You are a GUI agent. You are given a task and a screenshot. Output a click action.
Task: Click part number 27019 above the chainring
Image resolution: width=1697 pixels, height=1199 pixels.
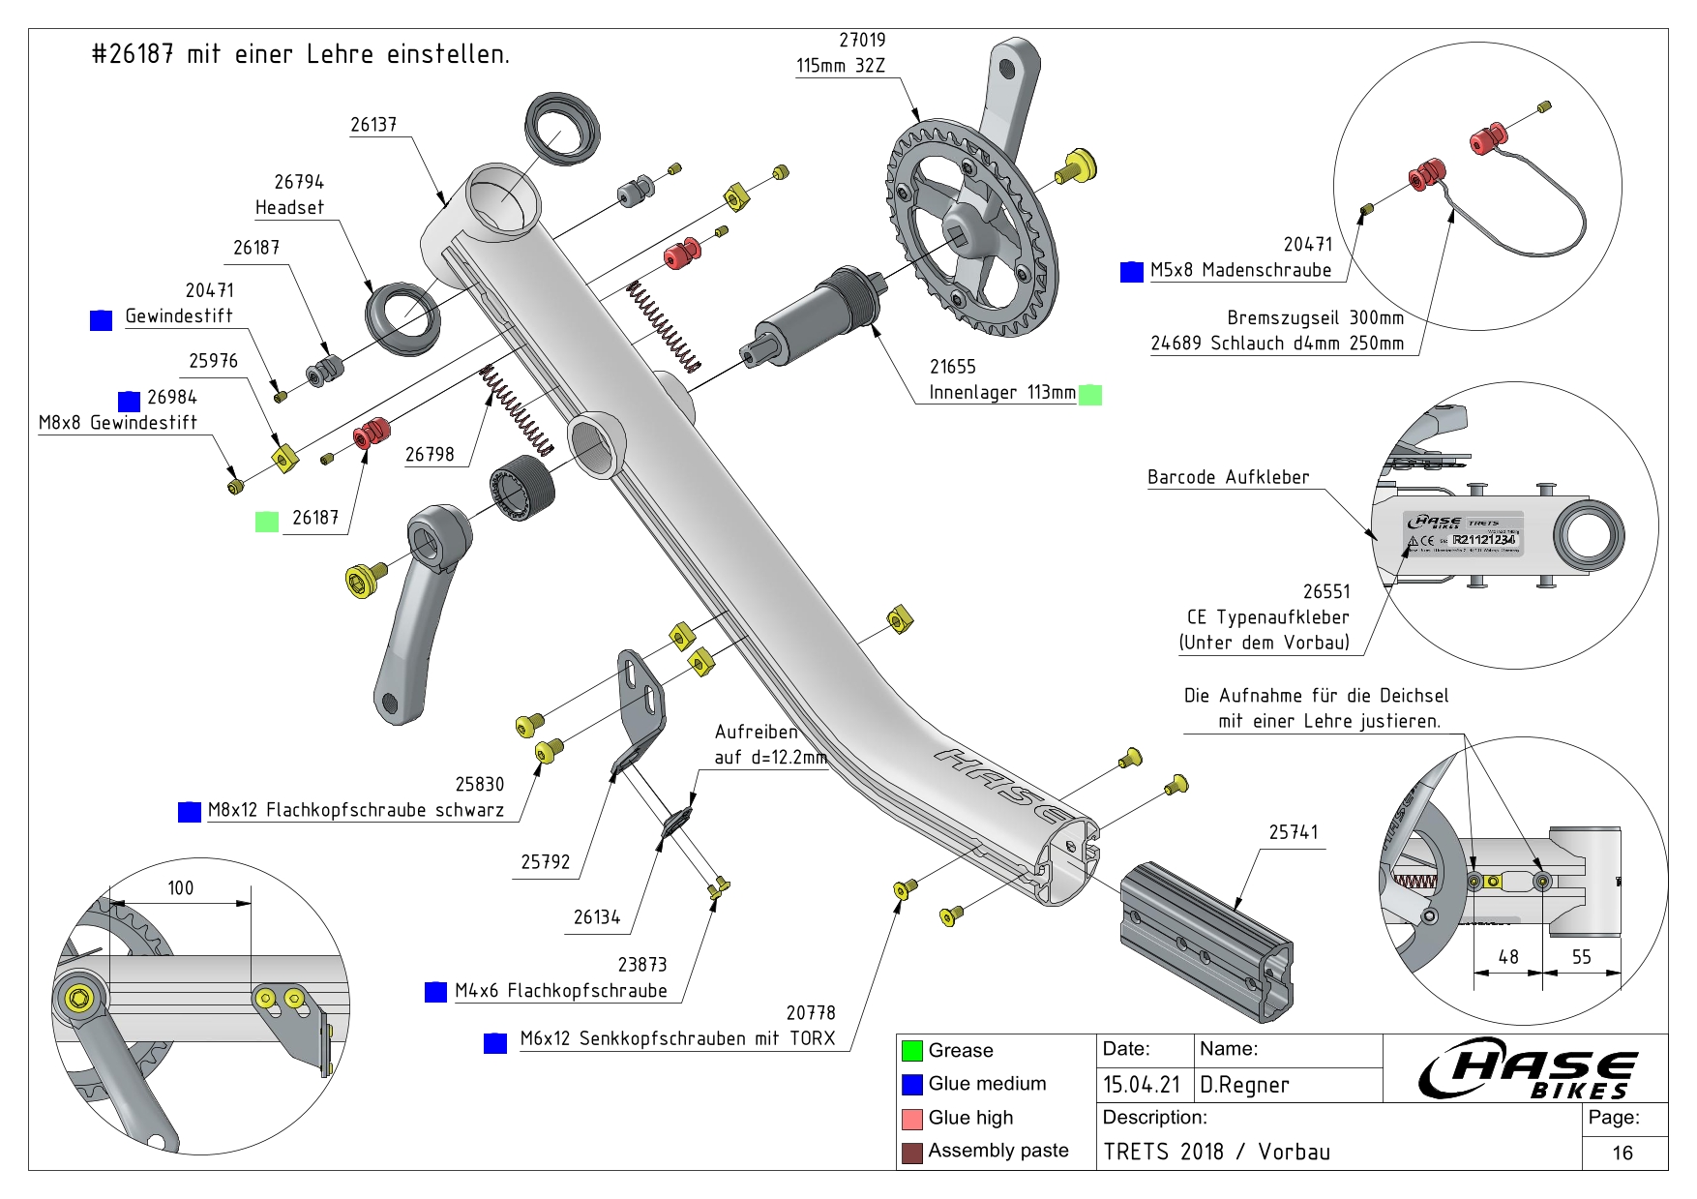pyautogui.click(x=862, y=41)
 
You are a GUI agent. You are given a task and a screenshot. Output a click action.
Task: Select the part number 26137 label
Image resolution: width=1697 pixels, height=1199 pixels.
pyautogui.click(x=373, y=125)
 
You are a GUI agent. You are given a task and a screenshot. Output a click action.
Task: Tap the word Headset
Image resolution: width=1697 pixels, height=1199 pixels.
pyautogui.click(x=289, y=208)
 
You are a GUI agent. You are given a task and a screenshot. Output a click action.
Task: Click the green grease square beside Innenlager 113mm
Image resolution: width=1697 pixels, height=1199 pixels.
pyautogui.click(x=1090, y=395)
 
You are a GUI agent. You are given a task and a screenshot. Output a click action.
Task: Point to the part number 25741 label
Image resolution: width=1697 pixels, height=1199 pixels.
pyautogui.click(x=1294, y=832)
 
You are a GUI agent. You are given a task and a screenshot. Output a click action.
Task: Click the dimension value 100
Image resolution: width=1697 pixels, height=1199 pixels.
pyautogui.click(x=181, y=888)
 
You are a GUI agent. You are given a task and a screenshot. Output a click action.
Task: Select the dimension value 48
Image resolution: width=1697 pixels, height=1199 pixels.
pyautogui.click(x=1508, y=957)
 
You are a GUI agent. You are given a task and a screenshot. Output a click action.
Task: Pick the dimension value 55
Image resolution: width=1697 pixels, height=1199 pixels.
pyautogui.click(x=1581, y=957)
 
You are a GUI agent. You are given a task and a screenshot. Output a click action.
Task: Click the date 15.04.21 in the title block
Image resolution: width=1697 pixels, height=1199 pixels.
pyautogui.click(x=1142, y=1086)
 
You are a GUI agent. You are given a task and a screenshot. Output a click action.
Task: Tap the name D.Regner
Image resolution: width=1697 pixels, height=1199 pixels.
pyautogui.click(x=1244, y=1086)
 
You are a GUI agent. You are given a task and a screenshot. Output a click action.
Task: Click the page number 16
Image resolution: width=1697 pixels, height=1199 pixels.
pyautogui.click(x=1623, y=1153)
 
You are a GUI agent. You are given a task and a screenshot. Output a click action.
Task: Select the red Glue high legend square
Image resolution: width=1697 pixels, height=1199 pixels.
pyautogui.click(x=911, y=1119)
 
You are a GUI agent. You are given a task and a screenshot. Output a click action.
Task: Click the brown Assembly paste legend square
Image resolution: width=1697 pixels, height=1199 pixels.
pyautogui.click(x=911, y=1153)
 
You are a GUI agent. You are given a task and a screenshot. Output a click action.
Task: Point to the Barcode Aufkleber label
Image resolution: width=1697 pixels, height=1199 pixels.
pyautogui.click(x=1228, y=478)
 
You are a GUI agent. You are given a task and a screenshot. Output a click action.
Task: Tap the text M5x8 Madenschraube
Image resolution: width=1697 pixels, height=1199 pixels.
pyautogui.click(x=1240, y=271)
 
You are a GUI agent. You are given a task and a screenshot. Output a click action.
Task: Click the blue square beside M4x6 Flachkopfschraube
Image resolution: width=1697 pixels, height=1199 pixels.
pyautogui.click(x=436, y=992)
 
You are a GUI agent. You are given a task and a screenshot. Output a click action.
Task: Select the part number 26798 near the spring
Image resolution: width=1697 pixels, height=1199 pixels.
pyautogui.click(x=430, y=455)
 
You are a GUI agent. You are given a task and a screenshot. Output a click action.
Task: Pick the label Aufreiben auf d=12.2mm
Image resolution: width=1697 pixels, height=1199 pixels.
pyautogui.click(x=770, y=745)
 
